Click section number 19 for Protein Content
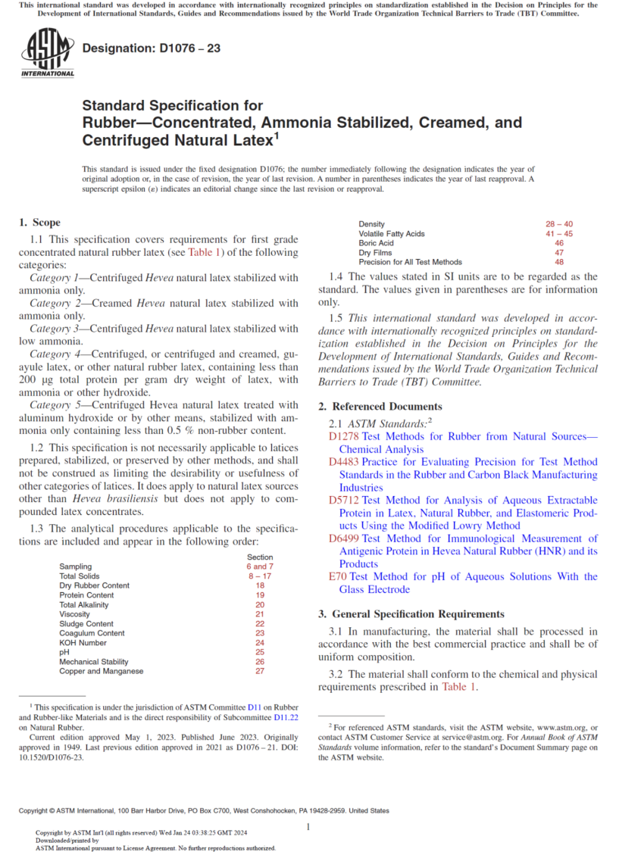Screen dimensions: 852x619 260,595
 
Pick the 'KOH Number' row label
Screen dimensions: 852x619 83,643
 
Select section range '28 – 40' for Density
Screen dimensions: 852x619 559,224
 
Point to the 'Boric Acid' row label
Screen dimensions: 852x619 376,243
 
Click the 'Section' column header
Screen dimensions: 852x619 260,557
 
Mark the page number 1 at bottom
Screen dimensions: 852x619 309,828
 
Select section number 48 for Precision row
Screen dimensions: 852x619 559,262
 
